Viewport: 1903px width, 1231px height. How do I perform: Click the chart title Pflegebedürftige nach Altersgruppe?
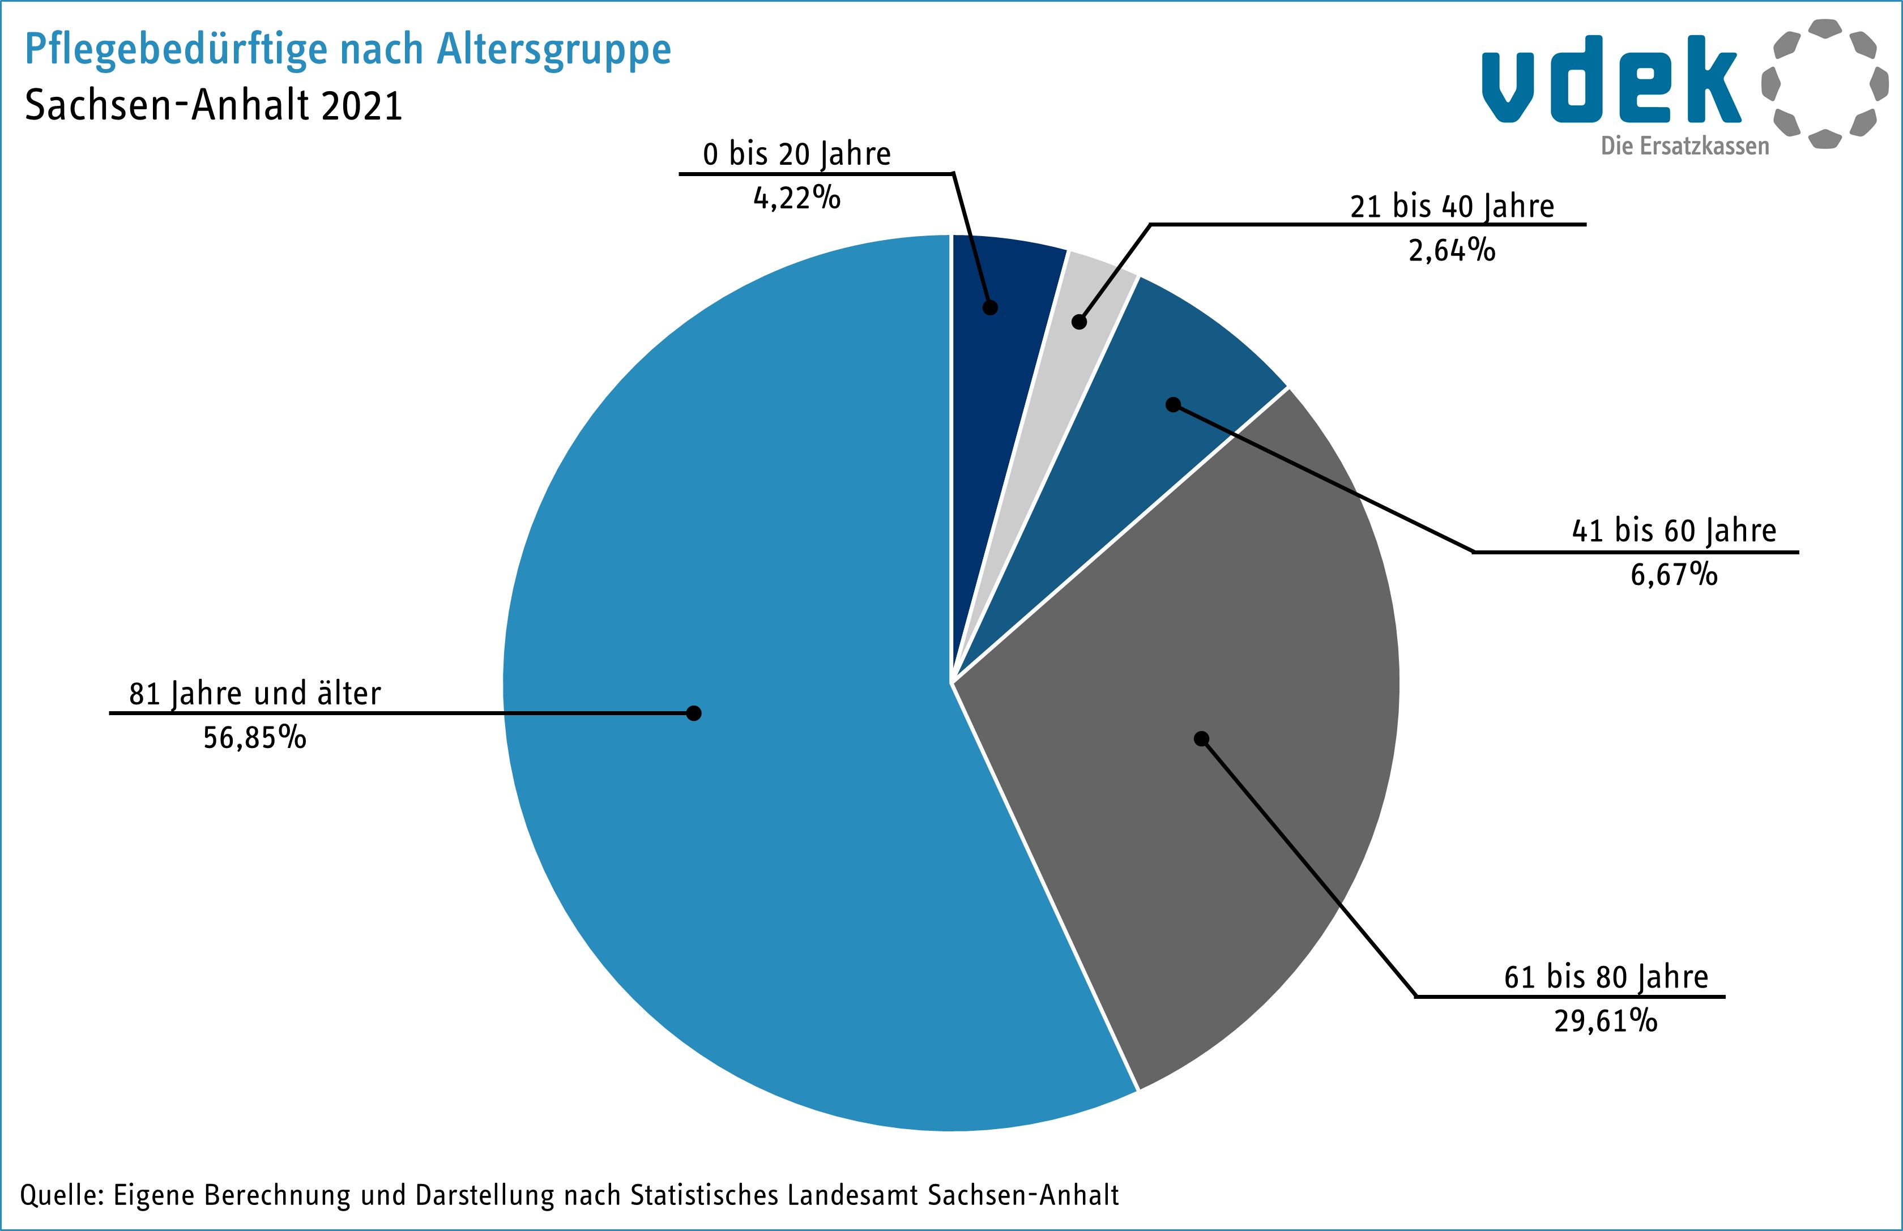[x=348, y=50]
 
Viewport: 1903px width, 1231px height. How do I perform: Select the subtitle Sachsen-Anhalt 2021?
[x=214, y=105]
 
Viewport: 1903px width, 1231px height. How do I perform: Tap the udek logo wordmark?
[x=1611, y=80]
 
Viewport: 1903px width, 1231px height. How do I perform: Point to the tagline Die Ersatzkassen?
[x=1685, y=146]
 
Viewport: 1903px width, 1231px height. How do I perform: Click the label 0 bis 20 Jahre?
[x=796, y=154]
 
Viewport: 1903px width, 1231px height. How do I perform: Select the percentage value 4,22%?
[x=796, y=198]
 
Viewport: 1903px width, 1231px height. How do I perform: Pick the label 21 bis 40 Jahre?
[x=1452, y=206]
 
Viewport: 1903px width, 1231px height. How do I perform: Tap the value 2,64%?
[x=1452, y=250]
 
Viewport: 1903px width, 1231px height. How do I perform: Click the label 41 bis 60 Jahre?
[x=1674, y=531]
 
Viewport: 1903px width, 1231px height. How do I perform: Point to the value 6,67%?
[x=1674, y=575]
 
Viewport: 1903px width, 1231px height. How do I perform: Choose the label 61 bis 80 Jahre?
[x=1606, y=977]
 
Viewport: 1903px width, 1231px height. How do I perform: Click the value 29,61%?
[x=1606, y=1021]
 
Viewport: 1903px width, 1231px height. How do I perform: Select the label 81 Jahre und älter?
[x=255, y=693]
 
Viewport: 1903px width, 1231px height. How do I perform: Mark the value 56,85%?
[x=255, y=738]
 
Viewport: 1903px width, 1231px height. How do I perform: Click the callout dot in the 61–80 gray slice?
[x=1201, y=738]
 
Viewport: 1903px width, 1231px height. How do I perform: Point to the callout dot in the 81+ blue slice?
[x=694, y=713]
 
